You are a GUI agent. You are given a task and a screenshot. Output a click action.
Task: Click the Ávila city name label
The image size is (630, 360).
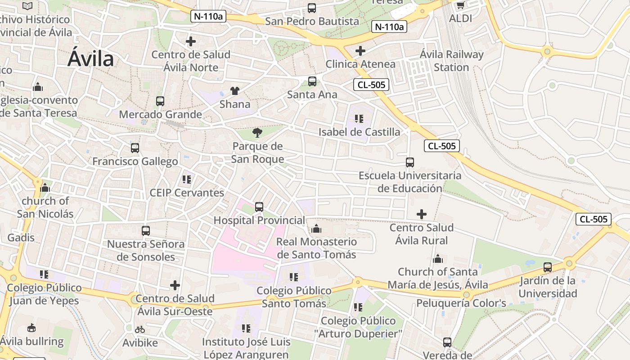coord(90,59)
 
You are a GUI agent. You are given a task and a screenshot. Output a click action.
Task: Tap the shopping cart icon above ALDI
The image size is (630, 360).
coord(460,5)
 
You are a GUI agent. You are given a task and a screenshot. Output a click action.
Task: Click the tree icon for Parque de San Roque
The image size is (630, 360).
coord(257,132)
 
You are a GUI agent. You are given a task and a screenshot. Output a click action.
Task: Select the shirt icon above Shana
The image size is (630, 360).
coord(234,91)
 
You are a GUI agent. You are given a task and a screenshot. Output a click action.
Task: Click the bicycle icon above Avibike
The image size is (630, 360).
coord(140,329)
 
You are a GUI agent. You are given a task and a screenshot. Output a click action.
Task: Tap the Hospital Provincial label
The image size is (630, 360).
coord(259,220)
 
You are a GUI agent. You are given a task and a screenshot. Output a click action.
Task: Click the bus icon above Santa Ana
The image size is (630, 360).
coord(312,81)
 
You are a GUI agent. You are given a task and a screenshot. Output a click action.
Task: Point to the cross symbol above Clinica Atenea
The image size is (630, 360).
coord(360,51)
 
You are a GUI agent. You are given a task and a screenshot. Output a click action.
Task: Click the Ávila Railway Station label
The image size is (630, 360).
coord(451,61)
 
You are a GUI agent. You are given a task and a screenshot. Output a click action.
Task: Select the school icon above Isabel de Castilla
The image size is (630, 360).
coord(359,119)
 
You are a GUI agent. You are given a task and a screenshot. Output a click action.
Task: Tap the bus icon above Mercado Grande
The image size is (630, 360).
coord(160,101)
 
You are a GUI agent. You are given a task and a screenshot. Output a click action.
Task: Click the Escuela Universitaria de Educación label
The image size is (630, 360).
coord(409,182)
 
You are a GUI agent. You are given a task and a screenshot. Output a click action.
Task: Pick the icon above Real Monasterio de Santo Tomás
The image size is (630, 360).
coord(316,229)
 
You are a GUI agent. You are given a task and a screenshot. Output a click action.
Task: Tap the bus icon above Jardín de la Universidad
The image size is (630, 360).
coord(547,267)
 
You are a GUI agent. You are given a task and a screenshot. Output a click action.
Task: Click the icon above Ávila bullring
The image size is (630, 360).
coord(31,328)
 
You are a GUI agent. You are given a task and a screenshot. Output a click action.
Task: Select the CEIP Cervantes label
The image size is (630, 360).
coord(187,193)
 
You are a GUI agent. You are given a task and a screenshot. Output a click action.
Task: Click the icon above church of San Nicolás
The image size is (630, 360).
coord(45,188)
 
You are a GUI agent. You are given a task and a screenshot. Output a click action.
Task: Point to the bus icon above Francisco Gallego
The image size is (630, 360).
coord(135,148)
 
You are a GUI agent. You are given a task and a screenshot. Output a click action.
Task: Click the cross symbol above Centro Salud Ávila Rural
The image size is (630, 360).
coord(421,214)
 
